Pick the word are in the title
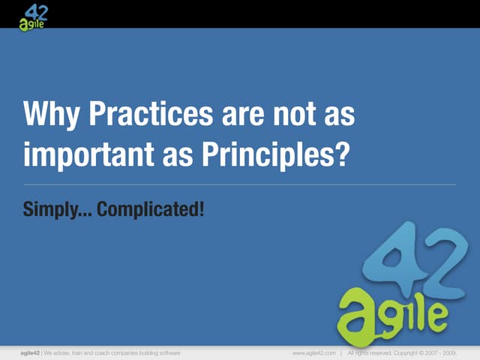click(241, 117)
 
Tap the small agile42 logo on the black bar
click(34, 15)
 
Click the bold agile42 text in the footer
click(31, 352)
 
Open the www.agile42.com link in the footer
click(313, 352)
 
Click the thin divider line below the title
click(240, 184)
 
